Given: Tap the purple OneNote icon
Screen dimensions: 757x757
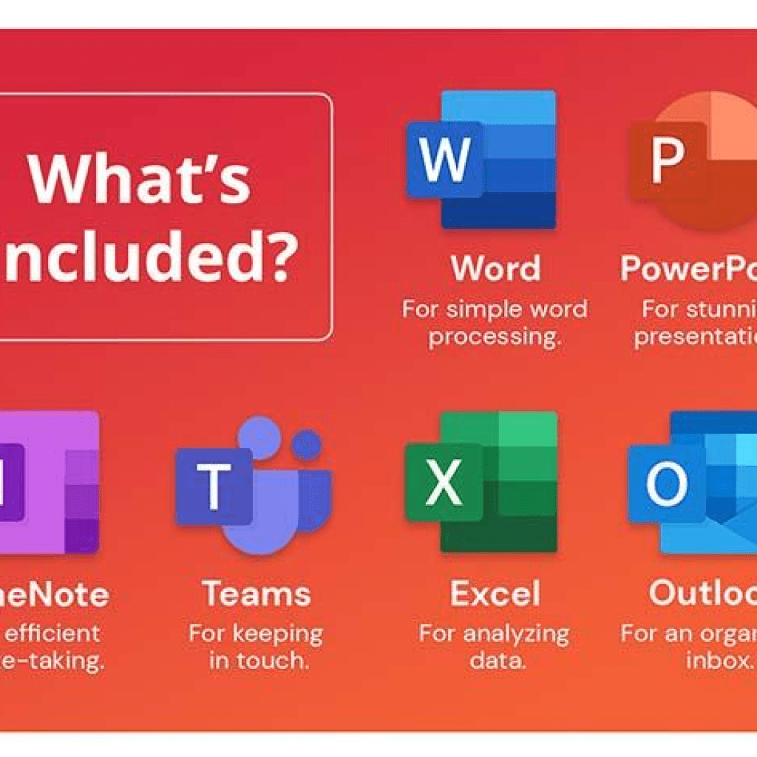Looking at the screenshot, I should pyautogui.click(x=48, y=482).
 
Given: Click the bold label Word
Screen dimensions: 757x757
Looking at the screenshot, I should pyautogui.click(x=495, y=269).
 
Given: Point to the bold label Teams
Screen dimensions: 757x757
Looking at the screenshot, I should pyautogui.click(x=257, y=594).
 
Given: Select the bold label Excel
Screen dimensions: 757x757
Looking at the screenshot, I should pyautogui.click(x=495, y=594).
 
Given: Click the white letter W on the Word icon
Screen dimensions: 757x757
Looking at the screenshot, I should pyautogui.click(x=444, y=159).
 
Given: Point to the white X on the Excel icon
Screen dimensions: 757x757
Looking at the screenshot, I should pyautogui.click(x=444, y=483).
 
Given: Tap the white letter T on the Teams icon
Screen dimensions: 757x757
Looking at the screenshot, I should pyautogui.click(x=214, y=486).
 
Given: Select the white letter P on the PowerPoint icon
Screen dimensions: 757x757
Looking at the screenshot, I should pyautogui.click(x=667, y=160).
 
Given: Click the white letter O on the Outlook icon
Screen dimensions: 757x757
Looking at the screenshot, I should pyautogui.click(x=667, y=484).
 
